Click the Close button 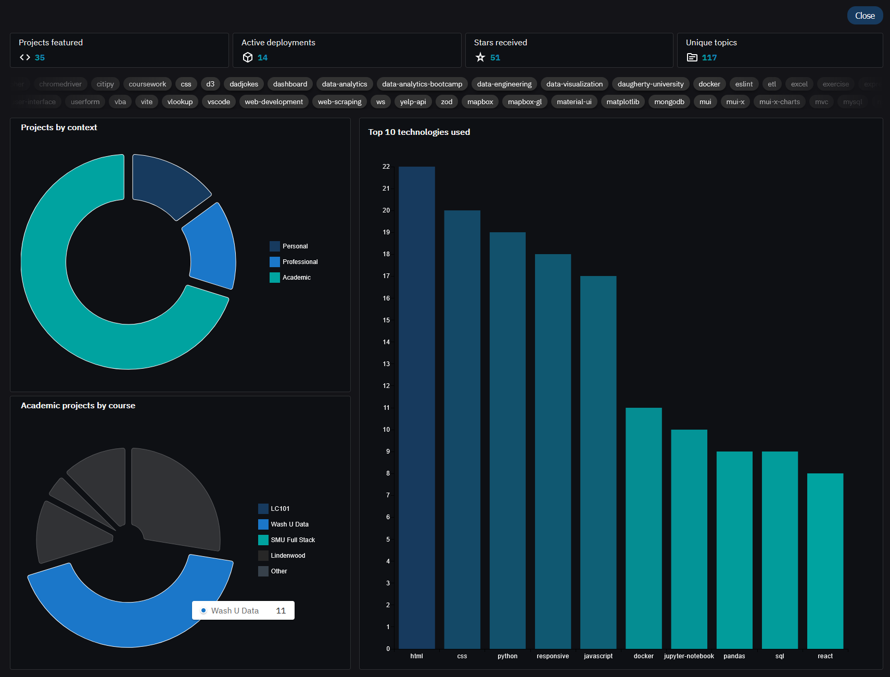(864, 16)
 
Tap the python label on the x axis (507, 656)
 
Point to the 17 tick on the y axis (386, 276)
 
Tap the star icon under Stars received (480, 57)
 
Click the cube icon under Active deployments (248, 57)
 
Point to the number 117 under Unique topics (709, 58)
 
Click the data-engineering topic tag (504, 84)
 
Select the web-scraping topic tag (339, 102)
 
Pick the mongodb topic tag (669, 102)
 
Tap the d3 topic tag (210, 84)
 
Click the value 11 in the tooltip (281, 610)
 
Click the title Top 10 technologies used (419, 132)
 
